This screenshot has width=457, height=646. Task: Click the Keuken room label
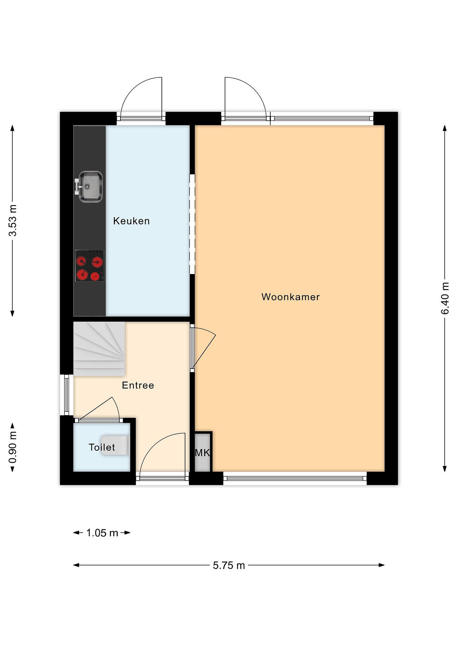pos(131,221)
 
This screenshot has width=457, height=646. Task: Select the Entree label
pos(138,385)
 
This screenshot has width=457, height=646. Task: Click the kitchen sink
pos(89,187)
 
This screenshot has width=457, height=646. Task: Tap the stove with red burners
pos(90,266)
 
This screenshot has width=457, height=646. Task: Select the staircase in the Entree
pos(99,349)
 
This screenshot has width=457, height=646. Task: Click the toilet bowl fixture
pos(115,445)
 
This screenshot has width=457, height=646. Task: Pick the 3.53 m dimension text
pos(13,220)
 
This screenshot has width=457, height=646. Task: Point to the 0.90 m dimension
pos(13,447)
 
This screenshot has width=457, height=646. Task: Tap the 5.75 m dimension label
pos(229,565)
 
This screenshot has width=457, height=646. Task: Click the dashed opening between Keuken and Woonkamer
pos(192,224)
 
